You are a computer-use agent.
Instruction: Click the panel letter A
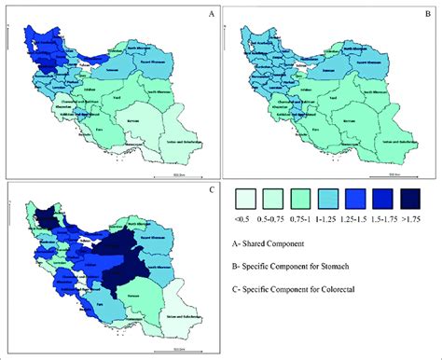tap(211, 14)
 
